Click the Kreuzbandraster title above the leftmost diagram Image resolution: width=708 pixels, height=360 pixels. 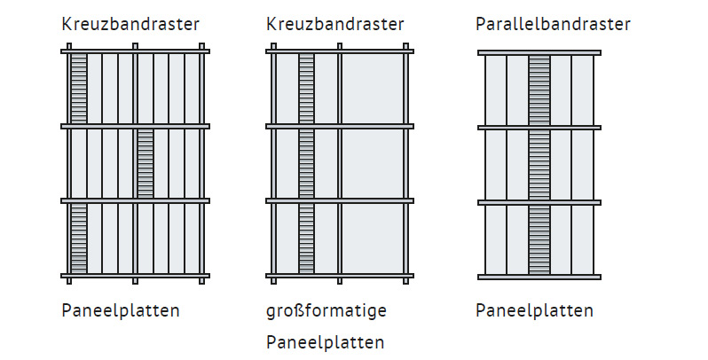pos(130,24)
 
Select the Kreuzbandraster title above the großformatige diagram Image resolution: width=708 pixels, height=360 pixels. pos(335,24)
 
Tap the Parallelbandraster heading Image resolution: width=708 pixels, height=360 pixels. pos(553,24)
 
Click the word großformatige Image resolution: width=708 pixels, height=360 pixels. pos(326,311)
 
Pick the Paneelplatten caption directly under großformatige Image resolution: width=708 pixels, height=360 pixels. pos(325,342)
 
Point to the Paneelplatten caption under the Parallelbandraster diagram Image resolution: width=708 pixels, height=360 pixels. pos(535,311)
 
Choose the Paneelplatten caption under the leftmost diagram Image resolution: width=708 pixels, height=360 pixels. pos(121,311)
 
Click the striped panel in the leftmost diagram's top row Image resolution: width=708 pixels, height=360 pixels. pos(79,89)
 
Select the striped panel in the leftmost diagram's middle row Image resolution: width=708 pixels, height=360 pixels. pos(146,163)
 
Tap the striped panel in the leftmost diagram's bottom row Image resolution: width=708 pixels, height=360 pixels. pos(79,239)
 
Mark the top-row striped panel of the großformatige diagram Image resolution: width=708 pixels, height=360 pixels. pos(306,89)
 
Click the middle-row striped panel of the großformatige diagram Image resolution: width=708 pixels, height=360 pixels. pos(306,163)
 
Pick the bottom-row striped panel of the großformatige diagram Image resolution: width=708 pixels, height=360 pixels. pos(306,239)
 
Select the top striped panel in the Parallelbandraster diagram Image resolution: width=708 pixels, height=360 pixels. pos(539,90)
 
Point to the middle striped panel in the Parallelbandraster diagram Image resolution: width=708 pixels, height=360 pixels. pos(539,165)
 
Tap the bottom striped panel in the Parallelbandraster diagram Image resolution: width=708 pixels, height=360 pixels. pos(539,240)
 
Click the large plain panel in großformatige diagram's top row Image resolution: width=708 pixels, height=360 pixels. pos(373,89)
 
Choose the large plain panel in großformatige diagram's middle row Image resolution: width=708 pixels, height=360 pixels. pos(373,163)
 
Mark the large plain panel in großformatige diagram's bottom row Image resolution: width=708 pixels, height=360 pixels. pos(373,239)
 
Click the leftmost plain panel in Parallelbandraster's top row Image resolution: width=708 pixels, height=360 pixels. pos(496,90)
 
